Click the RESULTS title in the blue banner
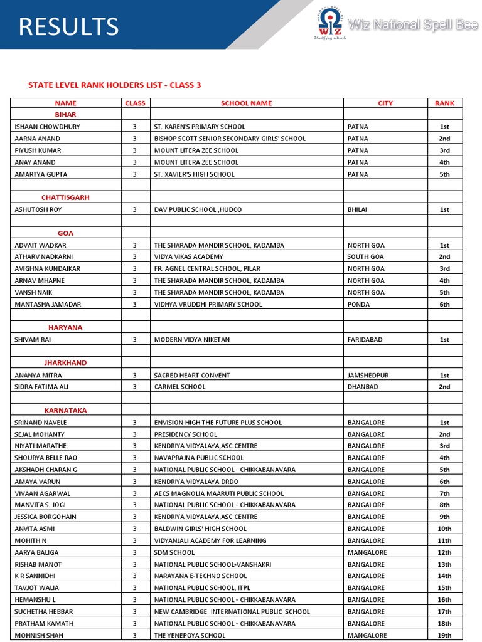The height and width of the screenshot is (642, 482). coord(68,26)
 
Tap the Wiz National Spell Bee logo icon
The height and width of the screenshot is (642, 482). coord(329,24)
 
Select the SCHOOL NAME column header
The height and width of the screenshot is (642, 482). coord(246,103)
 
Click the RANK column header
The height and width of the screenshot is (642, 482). coord(444,103)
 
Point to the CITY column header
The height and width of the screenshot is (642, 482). coord(385,103)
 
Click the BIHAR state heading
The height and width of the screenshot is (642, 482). coord(65,115)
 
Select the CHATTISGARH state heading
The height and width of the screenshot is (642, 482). coord(65,197)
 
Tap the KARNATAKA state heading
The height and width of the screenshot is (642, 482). coord(65,411)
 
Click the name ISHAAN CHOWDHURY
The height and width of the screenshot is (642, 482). coord(47,127)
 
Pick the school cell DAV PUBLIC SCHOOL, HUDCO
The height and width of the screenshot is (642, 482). coord(198,209)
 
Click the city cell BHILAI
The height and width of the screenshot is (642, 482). coord(359,209)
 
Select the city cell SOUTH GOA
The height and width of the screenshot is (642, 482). coord(365,256)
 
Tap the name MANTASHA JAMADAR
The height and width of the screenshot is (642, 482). coord(48,304)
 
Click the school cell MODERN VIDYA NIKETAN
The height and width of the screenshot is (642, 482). coord(192,340)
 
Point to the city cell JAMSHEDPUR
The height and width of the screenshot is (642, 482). coord(368,376)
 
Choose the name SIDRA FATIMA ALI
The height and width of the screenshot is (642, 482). coord(41,387)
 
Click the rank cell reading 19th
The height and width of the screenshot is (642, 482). coord(444,635)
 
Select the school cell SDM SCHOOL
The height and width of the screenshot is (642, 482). coord(174,552)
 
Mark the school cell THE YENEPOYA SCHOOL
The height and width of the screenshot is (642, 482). coord(190,635)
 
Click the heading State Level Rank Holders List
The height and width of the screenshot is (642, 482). coord(114,85)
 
